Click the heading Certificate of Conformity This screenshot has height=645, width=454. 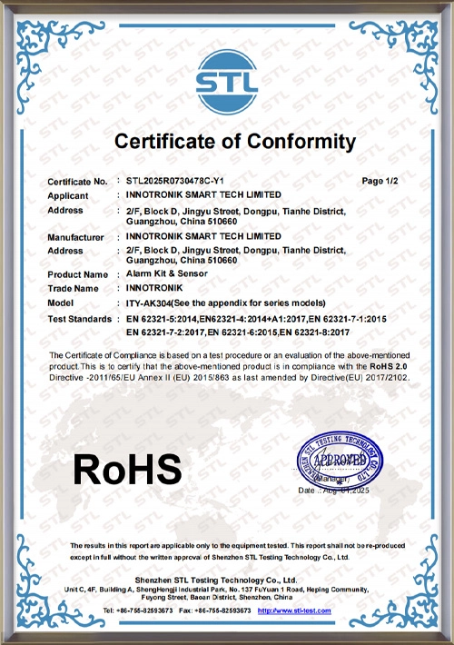tap(234, 141)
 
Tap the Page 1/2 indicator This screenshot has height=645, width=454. tap(380, 182)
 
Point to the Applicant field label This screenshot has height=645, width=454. tap(68, 195)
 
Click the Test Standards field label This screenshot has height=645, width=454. tap(79, 320)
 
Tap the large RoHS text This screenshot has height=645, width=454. tap(128, 469)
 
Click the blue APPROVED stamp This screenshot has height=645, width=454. tap(340, 460)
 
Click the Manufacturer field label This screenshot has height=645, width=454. tap(76, 236)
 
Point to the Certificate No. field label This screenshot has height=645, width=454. tap(77, 183)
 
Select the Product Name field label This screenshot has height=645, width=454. tap(77, 274)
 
